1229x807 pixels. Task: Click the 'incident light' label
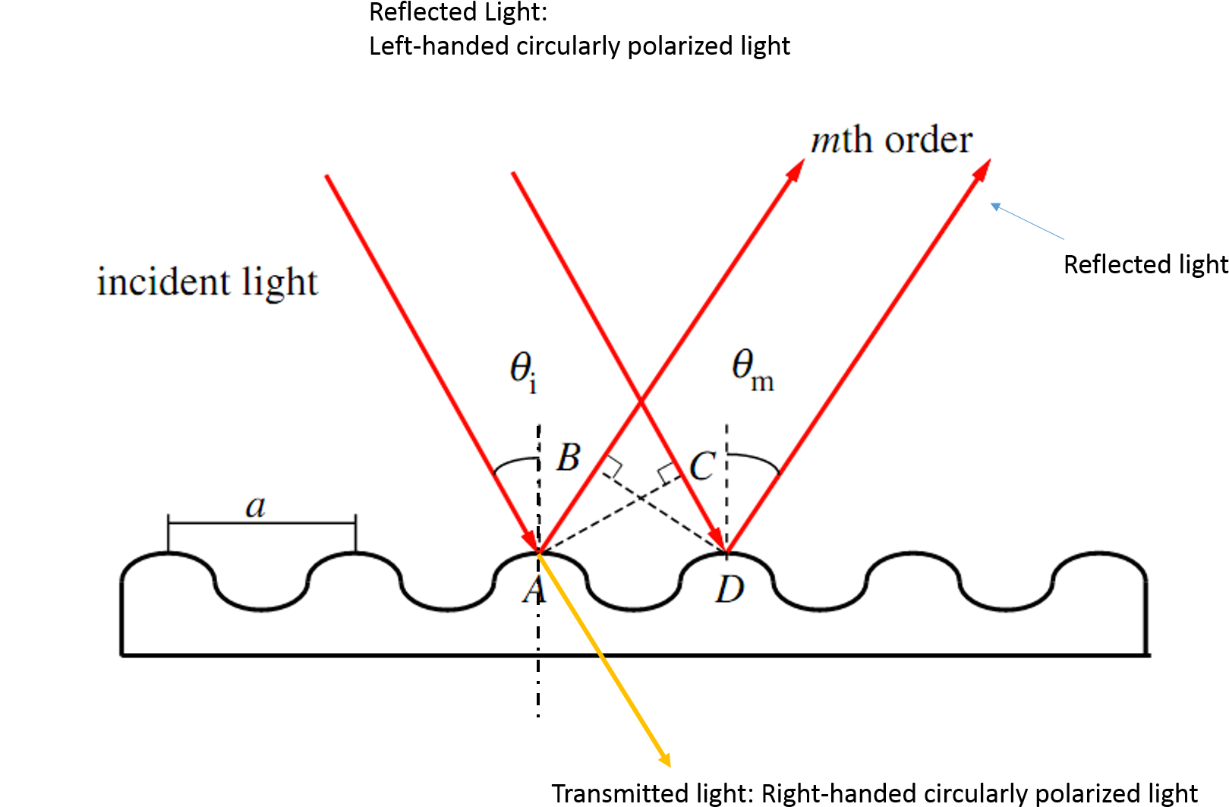pyautogui.click(x=206, y=282)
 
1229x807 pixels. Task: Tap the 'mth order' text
pyautogui.click(x=891, y=140)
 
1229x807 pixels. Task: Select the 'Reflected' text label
pyautogui.click(x=1117, y=264)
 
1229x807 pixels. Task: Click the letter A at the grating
pyautogui.click(x=534, y=590)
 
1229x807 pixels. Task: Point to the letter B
pyautogui.click(x=569, y=458)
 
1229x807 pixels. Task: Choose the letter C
pyautogui.click(x=702, y=465)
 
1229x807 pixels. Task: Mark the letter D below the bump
pyautogui.click(x=730, y=589)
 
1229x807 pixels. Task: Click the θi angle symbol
pyautogui.click(x=523, y=371)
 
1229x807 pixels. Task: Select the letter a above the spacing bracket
pyautogui.click(x=256, y=506)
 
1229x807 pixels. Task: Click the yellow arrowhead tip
pyautogui.click(x=669, y=764)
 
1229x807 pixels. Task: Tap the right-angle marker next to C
pyautogui.click(x=669, y=473)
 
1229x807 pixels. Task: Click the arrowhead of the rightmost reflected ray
pyautogui.click(x=985, y=166)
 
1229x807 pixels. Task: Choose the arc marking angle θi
pyautogui.click(x=515, y=462)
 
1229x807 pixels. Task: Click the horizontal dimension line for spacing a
pyautogui.click(x=262, y=523)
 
